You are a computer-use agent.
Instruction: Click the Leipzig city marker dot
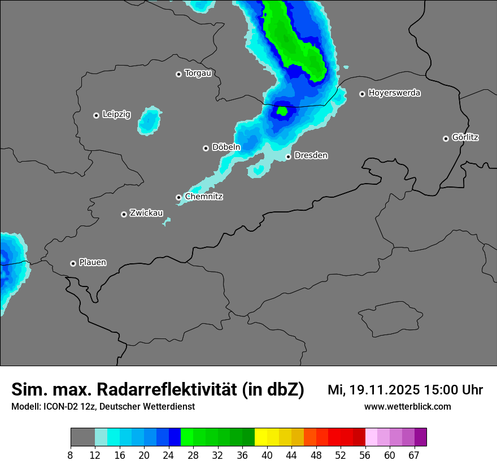(96, 115)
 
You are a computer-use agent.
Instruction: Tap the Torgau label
(198, 73)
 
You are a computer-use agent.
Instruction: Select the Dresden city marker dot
(288, 157)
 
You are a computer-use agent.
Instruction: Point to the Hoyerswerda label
(394, 93)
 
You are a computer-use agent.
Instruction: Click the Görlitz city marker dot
(446, 138)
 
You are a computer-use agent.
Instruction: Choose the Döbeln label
(226, 147)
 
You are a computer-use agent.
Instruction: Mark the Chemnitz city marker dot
(179, 197)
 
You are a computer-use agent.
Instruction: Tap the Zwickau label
(146, 214)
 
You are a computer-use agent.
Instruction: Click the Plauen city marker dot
(73, 263)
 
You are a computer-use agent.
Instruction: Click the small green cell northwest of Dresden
(283, 111)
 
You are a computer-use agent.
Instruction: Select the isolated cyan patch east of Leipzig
(150, 120)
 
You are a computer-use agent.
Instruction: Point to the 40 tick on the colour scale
(267, 455)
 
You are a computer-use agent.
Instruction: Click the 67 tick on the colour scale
(414, 455)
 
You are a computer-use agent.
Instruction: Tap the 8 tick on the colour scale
(71, 455)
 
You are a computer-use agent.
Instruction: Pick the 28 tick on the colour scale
(193, 455)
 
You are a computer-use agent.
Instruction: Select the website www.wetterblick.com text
(407, 407)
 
